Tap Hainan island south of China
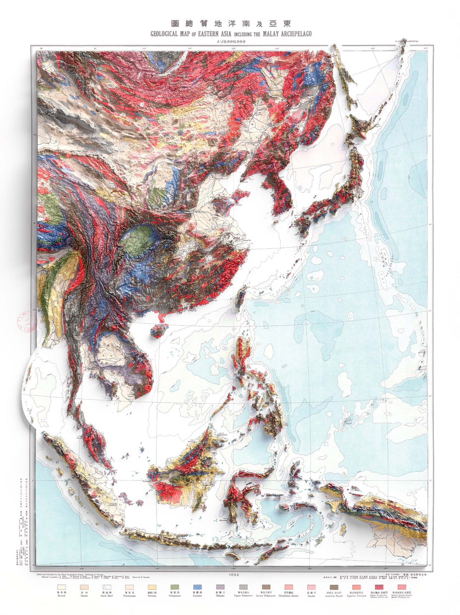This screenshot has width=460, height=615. click(x=159, y=331)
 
